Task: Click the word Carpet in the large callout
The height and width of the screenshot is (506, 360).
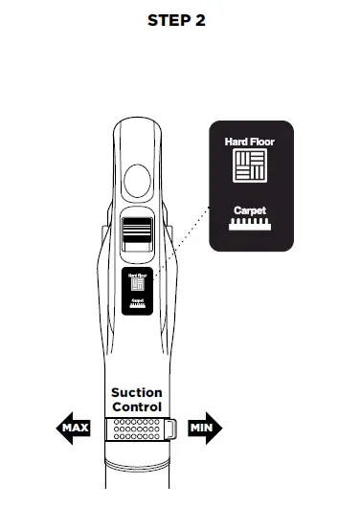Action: (x=248, y=209)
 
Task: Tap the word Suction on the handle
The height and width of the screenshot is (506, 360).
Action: (x=137, y=392)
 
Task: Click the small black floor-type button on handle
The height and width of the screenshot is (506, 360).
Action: (x=137, y=291)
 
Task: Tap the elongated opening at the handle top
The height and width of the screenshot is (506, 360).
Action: (x=137, y=158)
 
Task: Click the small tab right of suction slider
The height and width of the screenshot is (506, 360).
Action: (x=169, y=428)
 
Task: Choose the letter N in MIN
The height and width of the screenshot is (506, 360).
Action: (x=210, y=428)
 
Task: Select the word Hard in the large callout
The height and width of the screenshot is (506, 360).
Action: (x=236, y=142)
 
